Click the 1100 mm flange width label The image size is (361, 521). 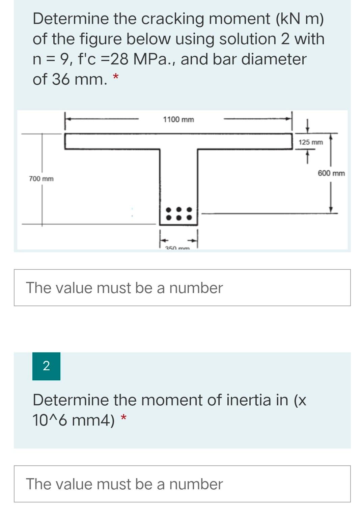point(178,119)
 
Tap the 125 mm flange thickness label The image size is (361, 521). point(310,142)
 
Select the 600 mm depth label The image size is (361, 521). point(331,173)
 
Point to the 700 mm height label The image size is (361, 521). point(41,178)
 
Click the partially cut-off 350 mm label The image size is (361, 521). point(177,248)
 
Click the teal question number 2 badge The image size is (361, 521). point(46,366)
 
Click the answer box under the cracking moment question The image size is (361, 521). point(182,288)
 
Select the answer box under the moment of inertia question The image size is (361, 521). point(182,484)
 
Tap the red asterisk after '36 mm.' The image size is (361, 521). point(115,78)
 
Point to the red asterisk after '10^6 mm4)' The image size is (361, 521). point(124,418)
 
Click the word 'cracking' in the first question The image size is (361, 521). point(172,19)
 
